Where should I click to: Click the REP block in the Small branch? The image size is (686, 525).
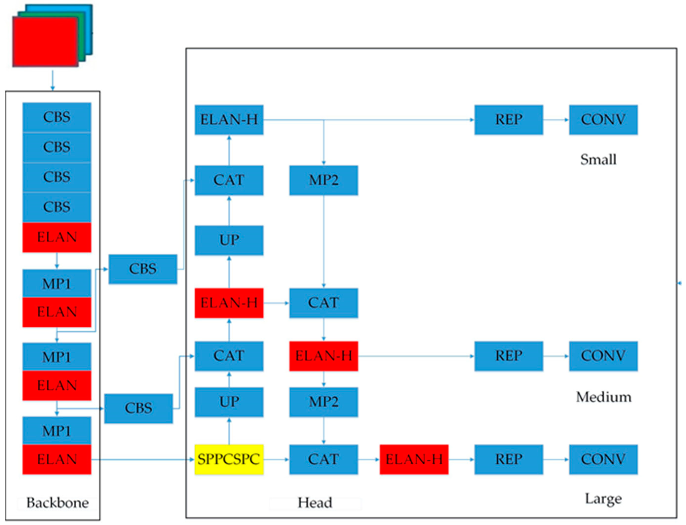pyautogui.click(x=508, y=120)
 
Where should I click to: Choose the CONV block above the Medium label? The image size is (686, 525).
pyautogui.click(x=603, y=356)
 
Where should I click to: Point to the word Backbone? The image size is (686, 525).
pyautogui.click(x=57, y=503)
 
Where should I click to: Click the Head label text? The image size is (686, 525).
pyautogui.click(x=315, y=503)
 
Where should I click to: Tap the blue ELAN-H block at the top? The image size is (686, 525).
pyautogui.click(x=229, y=120)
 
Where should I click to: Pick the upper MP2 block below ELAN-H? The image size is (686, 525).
pyautogui.click(x=323, y=180)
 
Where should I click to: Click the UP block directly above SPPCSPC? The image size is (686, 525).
pyautogui.click(x=229, y=402)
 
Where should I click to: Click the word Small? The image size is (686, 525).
pyautogui.click(x=598, y=159)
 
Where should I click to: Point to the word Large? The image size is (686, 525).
pyautogui.click(x=603, y=499)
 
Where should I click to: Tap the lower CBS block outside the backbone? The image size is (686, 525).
pyautogui.click(x=138, y=408)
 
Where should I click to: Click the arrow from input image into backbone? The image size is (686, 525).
pyautogui.click(x=52, y=80)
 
